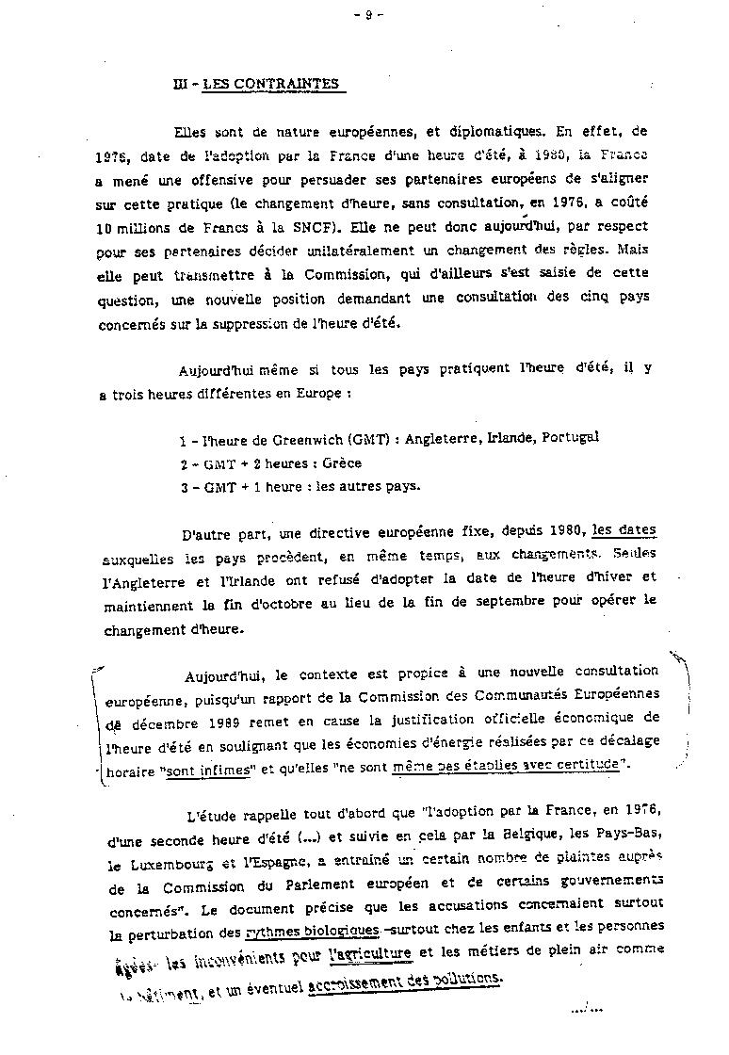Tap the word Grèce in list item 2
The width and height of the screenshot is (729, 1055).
coord(342,463)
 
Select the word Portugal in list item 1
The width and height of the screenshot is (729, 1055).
coord(567,437)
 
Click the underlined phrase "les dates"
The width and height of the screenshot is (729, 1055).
coord(624,530)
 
